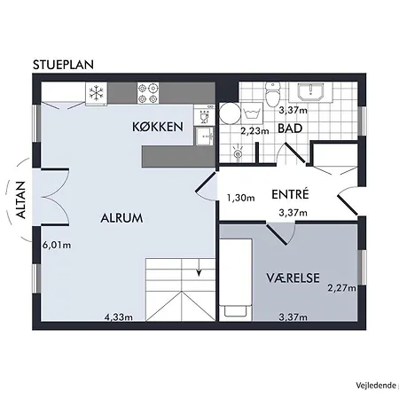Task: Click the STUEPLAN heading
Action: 64,65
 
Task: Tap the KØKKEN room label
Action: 158,128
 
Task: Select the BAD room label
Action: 289,129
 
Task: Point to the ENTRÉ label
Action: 289,194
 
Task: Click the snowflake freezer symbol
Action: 96,90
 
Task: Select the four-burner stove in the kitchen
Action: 148,90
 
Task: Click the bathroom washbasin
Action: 313,92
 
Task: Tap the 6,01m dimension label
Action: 57,244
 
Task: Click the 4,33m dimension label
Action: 120,317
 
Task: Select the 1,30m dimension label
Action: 241,198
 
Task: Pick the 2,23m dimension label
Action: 255,130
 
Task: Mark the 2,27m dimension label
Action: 341,286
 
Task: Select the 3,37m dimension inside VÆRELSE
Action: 293,317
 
